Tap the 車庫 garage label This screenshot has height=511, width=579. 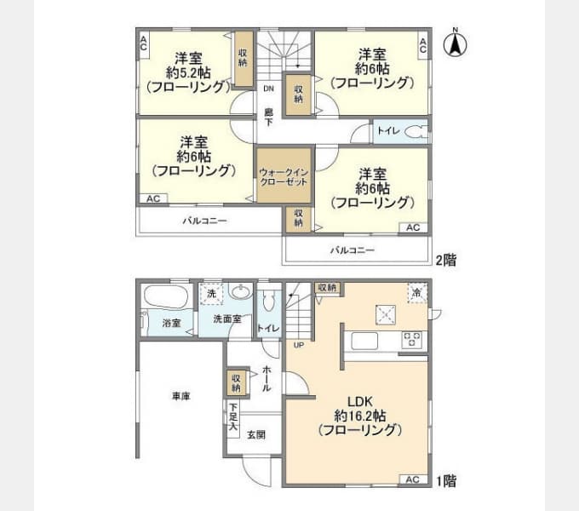[x=180, y=395]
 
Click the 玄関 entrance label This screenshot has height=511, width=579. [x=256, y=434]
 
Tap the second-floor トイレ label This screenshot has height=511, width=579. [x=388, y=132]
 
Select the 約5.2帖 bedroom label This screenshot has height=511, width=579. [x=188, y=72]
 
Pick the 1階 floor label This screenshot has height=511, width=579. [x=445, y=481]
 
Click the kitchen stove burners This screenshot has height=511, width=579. [x=413, y=341]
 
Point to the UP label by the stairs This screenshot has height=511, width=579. [x=298, y=345]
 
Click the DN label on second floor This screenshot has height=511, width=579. [x=268, y=89]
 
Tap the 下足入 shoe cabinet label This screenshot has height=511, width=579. [x=232, y=416]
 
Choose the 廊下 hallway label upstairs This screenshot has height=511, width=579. [x=268, y=117]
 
